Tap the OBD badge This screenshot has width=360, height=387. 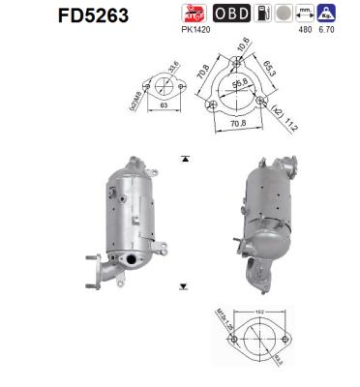[x=227, y=13]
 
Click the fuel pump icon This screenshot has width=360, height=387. [x=256, y=13]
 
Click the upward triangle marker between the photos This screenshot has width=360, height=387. [x=184, y=157]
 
